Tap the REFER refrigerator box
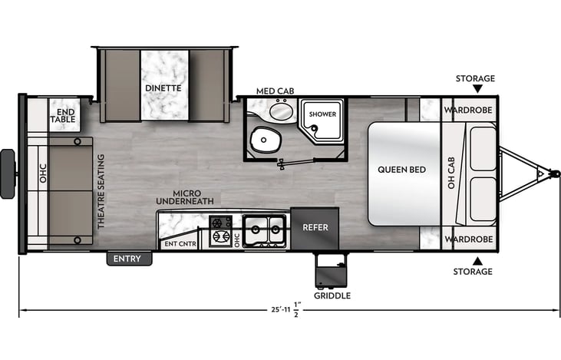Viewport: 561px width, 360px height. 315,228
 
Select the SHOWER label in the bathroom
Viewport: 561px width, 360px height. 322,114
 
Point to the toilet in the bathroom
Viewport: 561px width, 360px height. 264,140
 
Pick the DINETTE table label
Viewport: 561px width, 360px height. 163,88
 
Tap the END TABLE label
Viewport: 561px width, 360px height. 64,116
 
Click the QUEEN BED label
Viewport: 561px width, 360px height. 402,170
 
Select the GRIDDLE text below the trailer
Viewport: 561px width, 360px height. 332,296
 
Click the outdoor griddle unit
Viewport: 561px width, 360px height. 331,270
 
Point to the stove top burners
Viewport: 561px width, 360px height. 220,230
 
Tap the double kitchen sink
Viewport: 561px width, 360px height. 265,231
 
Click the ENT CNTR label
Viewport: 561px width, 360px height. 180,244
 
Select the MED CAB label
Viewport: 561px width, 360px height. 276,91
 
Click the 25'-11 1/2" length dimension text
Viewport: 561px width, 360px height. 286,309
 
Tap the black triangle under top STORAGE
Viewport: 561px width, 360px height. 477,89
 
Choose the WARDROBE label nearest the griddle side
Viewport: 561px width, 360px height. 469,239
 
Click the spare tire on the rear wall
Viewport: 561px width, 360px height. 8,174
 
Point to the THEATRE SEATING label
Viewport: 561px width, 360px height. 101,191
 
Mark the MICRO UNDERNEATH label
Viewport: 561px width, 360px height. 185,197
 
